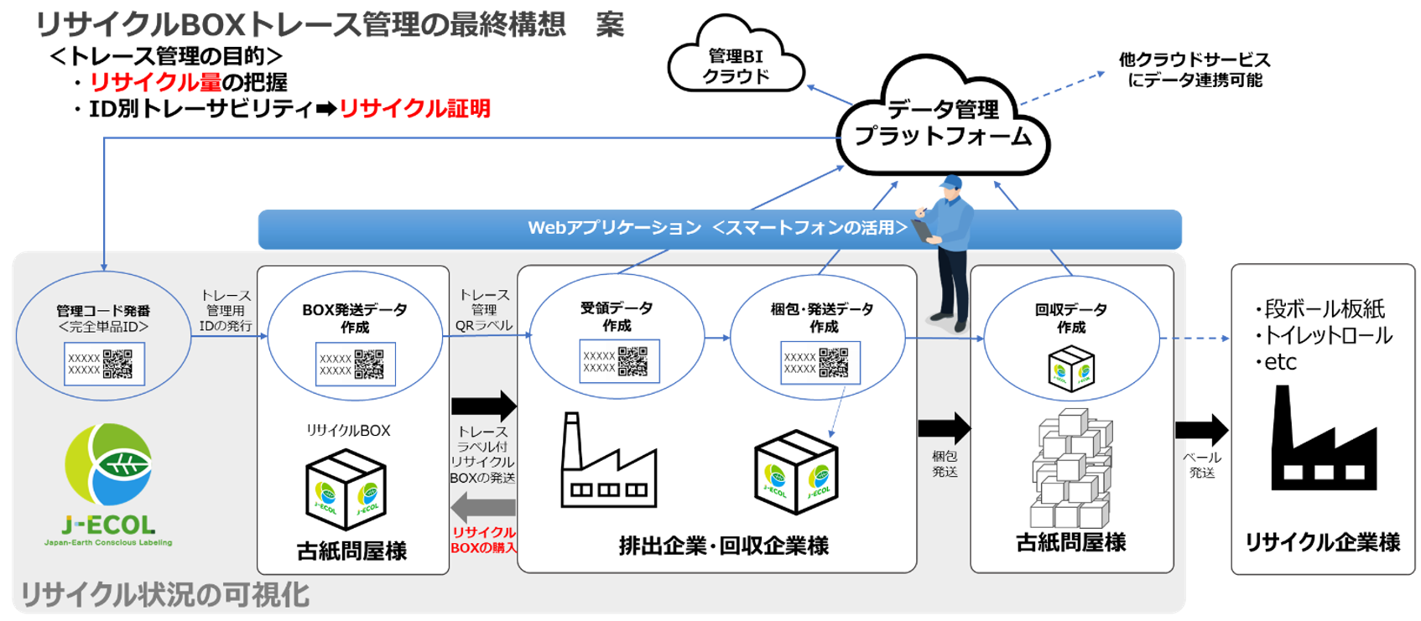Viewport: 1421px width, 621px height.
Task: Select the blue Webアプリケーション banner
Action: [719, 228]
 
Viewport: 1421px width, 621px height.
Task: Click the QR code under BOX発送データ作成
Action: [369, 365]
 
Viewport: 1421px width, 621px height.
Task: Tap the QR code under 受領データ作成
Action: [632, 361]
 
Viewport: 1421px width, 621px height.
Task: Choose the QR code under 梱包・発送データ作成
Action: [834, 362]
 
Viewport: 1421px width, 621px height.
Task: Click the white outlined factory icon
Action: [607, 463]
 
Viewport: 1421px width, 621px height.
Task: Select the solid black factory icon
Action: [1322, 442]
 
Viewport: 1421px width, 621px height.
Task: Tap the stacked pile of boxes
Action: [1072, 469]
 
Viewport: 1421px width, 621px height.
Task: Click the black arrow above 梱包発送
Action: [945, 428]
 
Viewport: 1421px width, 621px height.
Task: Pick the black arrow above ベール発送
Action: [1201, 430]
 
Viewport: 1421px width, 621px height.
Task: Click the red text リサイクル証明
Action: [414, 109]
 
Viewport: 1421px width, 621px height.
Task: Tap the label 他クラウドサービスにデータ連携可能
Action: [1194, 70]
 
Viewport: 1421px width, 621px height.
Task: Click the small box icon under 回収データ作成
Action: [1071, 370]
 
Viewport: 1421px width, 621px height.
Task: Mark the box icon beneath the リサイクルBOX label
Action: [346, 489]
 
